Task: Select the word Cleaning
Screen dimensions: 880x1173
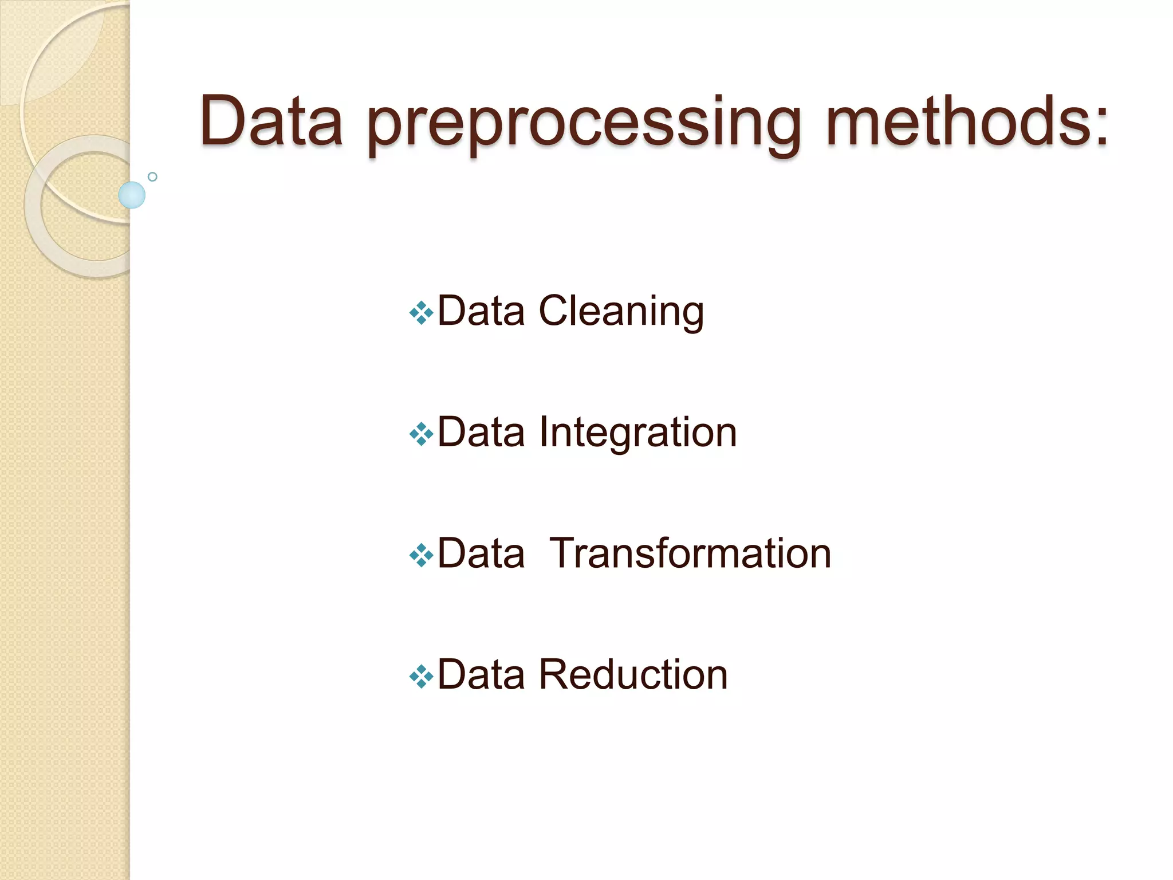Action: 621,312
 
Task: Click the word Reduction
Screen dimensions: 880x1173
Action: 633,674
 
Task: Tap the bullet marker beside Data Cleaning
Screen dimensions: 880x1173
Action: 421,313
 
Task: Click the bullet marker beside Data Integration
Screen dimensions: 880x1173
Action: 421,434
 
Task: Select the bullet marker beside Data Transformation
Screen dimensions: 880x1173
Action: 421,555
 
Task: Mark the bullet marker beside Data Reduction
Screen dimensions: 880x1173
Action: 421,677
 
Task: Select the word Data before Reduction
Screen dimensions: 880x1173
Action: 481,674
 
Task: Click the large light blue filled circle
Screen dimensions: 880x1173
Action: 132,195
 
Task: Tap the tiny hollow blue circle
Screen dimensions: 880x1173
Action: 152,176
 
